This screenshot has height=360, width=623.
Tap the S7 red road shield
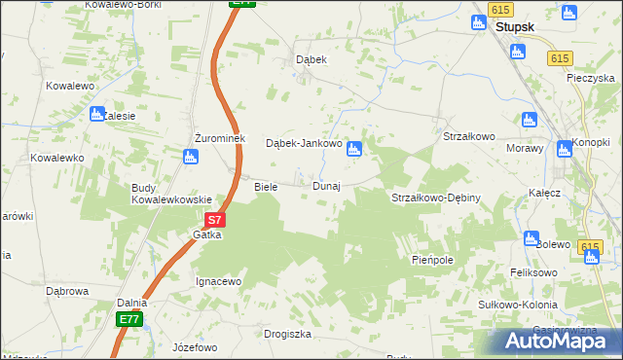pyautogui.click(x=216, y=221)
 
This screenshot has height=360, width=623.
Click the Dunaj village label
pyautogui.click(x=326, y=186)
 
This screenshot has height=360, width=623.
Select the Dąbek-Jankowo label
pyautogui.click(x=304, y=143)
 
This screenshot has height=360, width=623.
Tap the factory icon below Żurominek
pyautogui.click(x=192, y=156)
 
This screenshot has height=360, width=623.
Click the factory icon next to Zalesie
pyautogui.click(x=96, y=115)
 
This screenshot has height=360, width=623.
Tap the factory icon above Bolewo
pyautogui.click(x=531, y=237)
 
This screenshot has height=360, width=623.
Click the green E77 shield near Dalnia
pyautogui.click(x=128, y=319)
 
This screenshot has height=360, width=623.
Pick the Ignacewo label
pyautogui.click(x=219, y=282)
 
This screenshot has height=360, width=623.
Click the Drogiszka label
pyautogui.click(x=287, y=334)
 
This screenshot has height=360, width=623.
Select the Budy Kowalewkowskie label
pyautogui.click(x=172, y=194)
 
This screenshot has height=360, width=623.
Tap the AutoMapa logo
pyautogui.click(x=558, y=341)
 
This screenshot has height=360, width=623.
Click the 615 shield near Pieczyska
pyautogui.click(x=558, y=58)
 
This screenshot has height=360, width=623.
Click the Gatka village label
pyautogui.click(x=207, y=235)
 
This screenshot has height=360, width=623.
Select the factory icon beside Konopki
pyautogui.click(x=563, y=149)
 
